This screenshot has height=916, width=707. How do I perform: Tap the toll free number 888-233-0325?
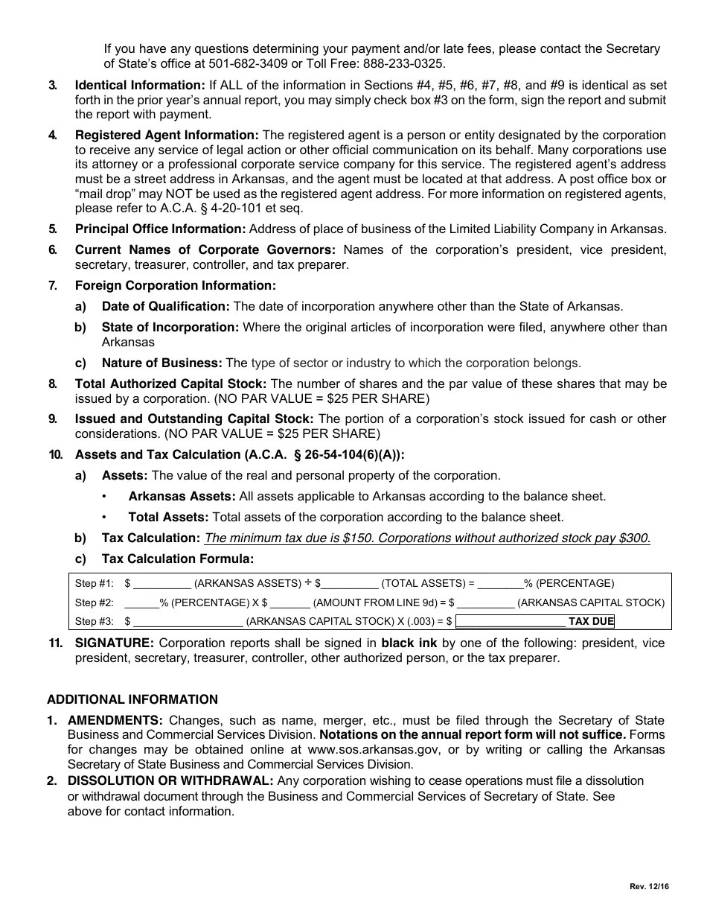[x=407, y=64]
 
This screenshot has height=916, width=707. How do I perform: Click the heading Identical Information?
[x=140, y=86]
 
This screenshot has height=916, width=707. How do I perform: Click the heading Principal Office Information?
[x=160, y=229]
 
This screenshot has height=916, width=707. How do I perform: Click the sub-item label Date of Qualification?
[x=165, y=307]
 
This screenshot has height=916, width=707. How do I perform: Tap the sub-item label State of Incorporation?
[x=170, y=328]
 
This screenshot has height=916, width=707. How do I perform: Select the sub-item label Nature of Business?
[x=161, y=363]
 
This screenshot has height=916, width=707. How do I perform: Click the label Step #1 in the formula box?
[x=95, y=584]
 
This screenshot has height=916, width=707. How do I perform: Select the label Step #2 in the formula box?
[x=95, y=602]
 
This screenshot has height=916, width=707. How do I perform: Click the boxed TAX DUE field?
[x=535, y=621]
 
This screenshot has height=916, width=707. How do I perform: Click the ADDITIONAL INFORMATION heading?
[x=132, y=700]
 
